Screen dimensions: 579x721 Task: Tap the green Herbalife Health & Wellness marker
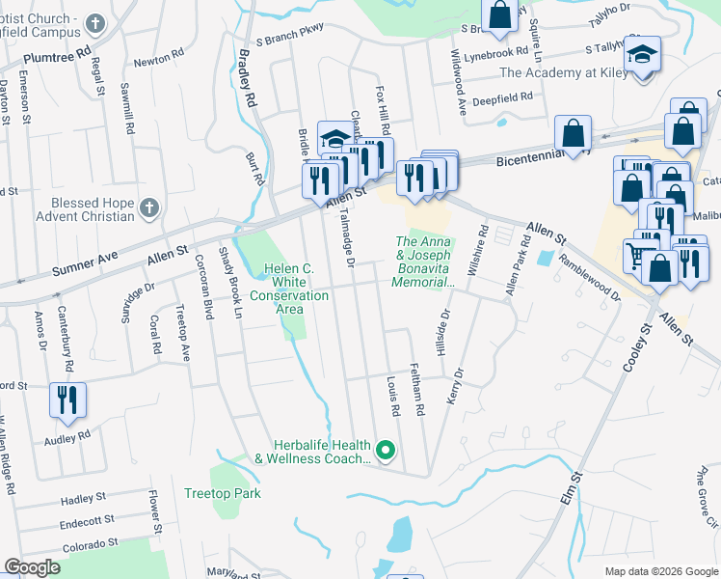pyautogui.click(x=386, y=451)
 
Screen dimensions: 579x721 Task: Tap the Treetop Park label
pyautogui.click(x=222, y=493)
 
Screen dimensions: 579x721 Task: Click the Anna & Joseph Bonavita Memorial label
pyautogui.click(x=422, y=262)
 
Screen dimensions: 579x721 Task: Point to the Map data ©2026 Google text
pyautogui.click(x=661, y=571)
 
